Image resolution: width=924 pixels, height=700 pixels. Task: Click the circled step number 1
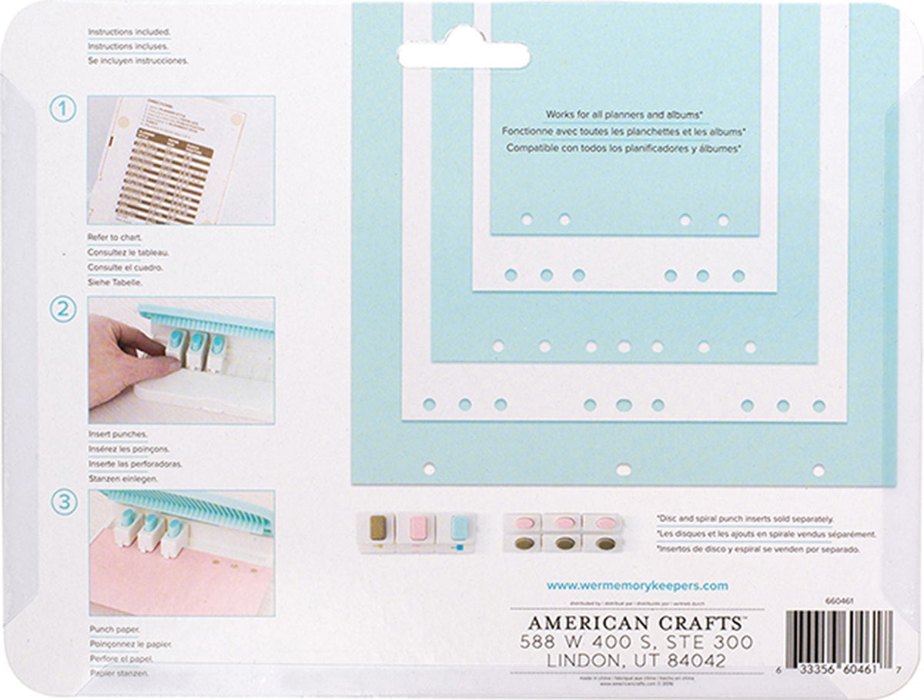click(64, 110)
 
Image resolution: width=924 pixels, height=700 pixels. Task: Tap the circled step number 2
click(64, 311)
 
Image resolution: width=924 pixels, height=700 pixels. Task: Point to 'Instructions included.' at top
click(129, 32)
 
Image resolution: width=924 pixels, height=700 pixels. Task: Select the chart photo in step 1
click(182, 160)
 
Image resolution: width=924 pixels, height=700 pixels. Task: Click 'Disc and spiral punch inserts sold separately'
click(744, 520)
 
